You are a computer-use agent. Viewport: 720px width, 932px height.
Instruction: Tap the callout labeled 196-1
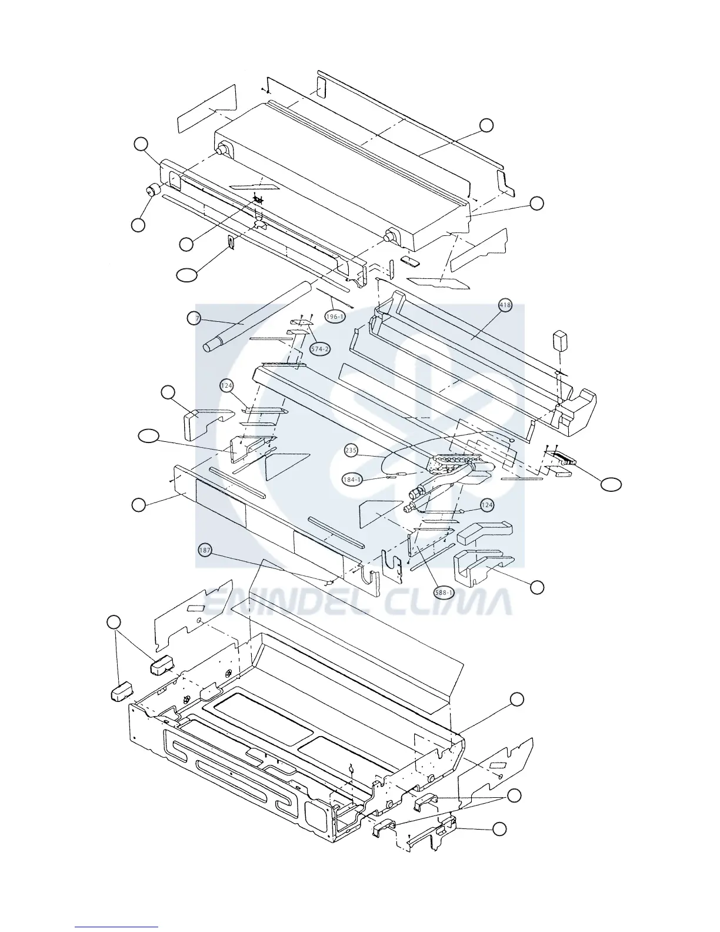334,317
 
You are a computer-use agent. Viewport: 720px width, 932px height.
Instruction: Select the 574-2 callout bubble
320,349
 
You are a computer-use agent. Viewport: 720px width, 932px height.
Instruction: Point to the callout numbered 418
505,305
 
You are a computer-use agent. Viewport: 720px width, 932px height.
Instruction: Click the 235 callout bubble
351,451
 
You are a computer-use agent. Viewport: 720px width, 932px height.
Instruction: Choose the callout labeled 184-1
352,480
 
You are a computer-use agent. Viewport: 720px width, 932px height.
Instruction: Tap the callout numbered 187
205,551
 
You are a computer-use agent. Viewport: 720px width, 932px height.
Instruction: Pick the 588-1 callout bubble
444,593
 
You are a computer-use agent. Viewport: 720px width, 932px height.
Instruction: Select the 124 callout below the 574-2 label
227,386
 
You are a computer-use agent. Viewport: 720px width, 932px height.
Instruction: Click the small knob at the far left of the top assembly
154,191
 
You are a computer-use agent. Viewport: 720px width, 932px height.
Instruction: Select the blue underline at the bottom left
116,926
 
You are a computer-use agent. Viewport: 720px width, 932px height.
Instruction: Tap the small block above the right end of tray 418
561,340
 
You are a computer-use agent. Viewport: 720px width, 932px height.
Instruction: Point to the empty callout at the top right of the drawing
486,125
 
